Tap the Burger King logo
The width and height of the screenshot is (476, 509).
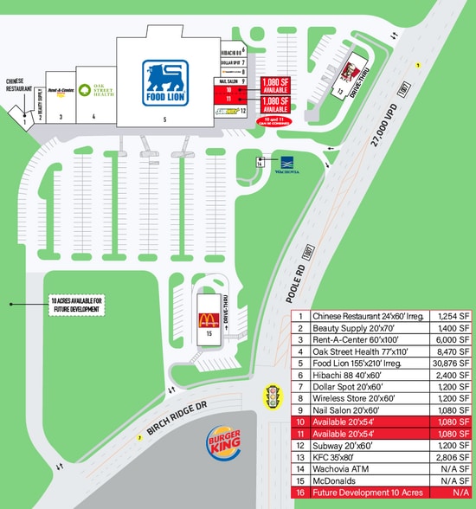pyautogui.click(x=221, y=447)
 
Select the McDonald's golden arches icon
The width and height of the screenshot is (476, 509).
pyautogui.click(x=208, y=321)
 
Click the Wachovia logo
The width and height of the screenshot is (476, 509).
pyautogui.click(x=289, y=163)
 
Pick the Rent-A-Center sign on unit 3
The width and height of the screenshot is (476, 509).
pyautogui.click(x=60, y=90)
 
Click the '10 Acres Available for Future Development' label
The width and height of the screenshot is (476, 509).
pyautogui.click(x=75, y=305)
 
